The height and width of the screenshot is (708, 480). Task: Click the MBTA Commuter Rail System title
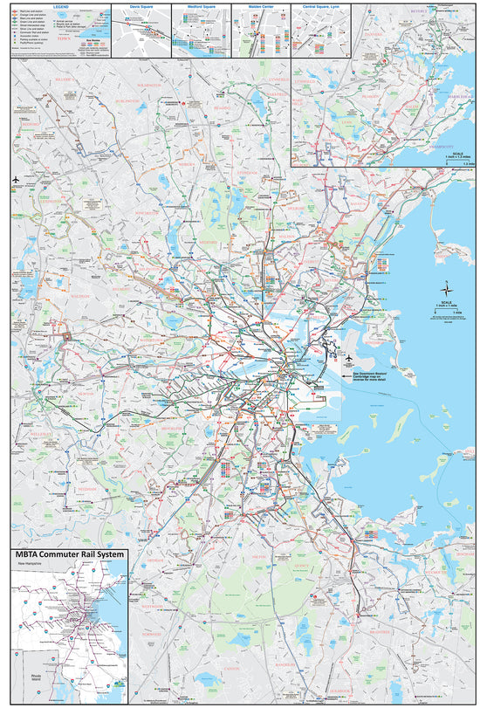coord(69,555)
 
